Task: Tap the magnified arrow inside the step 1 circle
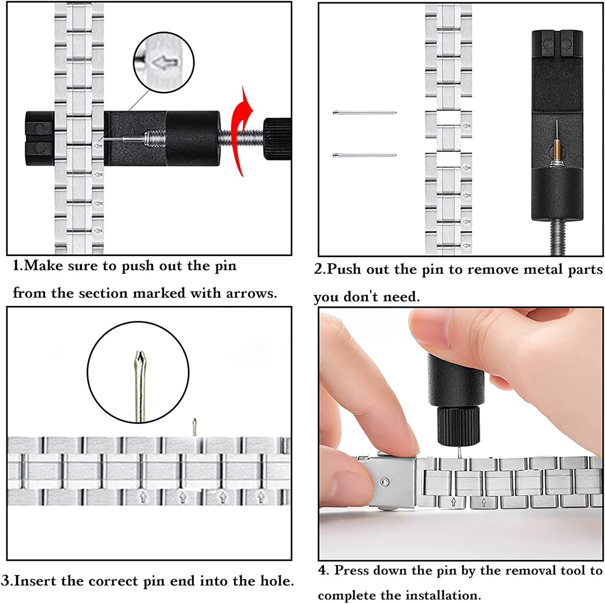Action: [166, 63]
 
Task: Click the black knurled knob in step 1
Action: [277, 139]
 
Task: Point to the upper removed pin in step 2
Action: [365, 113]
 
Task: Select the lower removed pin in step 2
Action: [365, 155]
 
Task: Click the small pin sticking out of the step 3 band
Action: [194, 426]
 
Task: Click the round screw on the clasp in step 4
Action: [385, 482]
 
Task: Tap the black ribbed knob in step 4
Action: [459, 426]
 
